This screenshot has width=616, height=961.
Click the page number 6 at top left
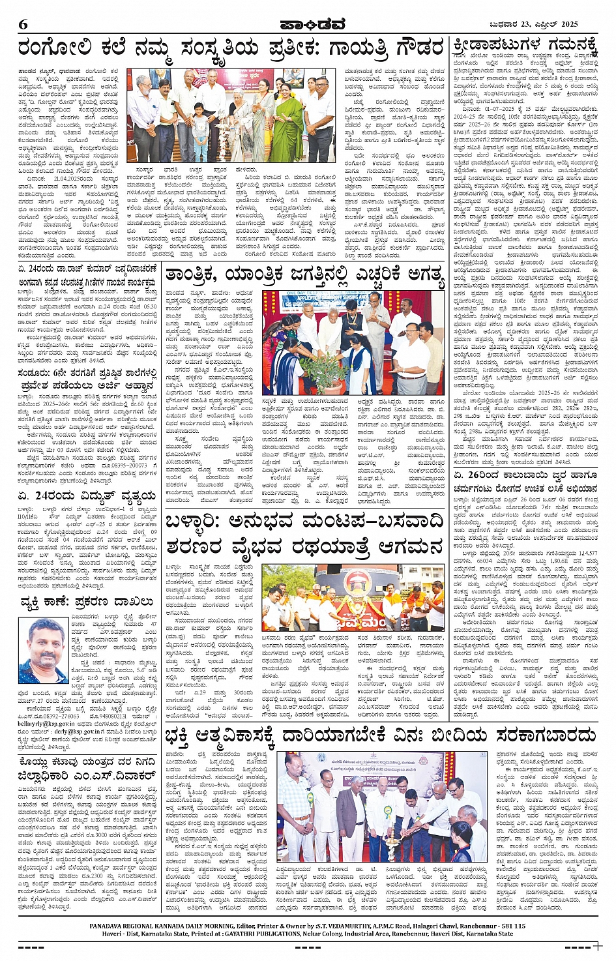23,25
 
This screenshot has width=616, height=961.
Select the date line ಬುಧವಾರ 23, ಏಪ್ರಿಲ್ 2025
533,25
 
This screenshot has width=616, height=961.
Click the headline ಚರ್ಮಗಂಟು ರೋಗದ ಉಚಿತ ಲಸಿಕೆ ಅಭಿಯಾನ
525,488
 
